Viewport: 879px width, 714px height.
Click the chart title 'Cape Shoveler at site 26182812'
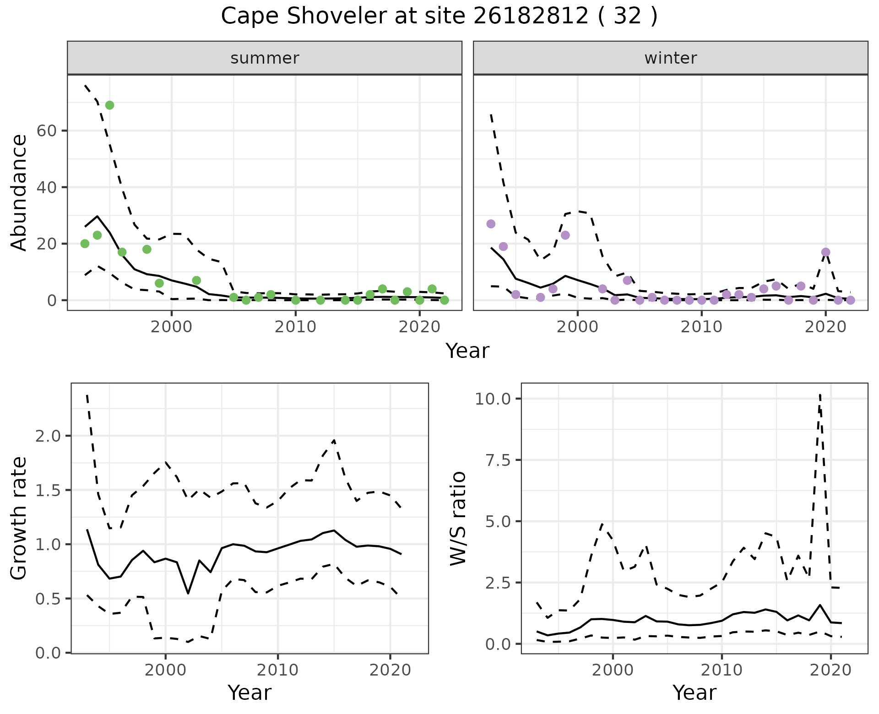point(439,16)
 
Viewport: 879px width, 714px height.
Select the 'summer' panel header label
point(265,58)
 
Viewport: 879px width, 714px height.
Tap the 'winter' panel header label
point(670,58)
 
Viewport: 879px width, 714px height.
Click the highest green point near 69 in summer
point(109,105)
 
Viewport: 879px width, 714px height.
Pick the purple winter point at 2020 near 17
point(825,252)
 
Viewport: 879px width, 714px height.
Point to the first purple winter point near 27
point(491,224)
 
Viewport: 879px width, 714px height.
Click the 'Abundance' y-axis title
point(19,192)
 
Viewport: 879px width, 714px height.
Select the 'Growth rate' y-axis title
point(19,518)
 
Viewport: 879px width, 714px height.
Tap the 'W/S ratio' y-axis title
point(458,518)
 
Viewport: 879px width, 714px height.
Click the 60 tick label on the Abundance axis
point(46,131)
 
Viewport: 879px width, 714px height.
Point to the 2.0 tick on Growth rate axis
point(49,436)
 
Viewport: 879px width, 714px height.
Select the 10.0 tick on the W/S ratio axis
point(493,399)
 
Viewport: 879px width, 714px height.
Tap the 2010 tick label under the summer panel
point(295,327)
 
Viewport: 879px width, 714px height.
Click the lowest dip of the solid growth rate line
point(188,594)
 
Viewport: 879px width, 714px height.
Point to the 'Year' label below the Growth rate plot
point(250,692)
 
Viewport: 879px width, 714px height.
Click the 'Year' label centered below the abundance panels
point(467,351)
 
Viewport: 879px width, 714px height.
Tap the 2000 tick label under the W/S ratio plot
point(613,671)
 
